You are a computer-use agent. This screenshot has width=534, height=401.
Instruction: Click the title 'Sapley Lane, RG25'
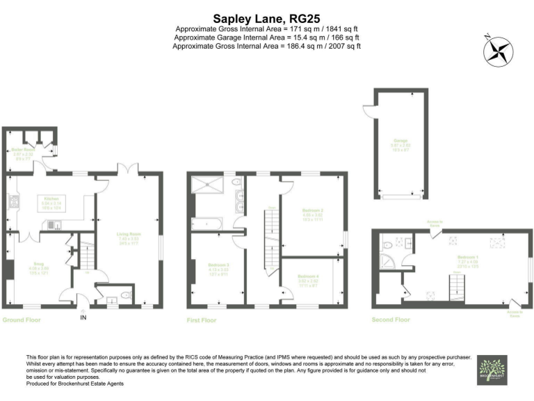coord(267,19)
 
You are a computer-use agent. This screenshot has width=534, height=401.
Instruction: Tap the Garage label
coord(399,141)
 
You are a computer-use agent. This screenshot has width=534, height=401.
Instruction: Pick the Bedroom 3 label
coord(216,265)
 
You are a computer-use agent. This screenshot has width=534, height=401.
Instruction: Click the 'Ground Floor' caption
coord(22,320)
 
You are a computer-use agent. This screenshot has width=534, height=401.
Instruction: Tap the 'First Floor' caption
coord(202,320)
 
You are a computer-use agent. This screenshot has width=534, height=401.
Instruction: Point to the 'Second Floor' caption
coord(390,320)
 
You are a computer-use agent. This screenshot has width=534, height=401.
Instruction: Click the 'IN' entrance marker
coord(83,318)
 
